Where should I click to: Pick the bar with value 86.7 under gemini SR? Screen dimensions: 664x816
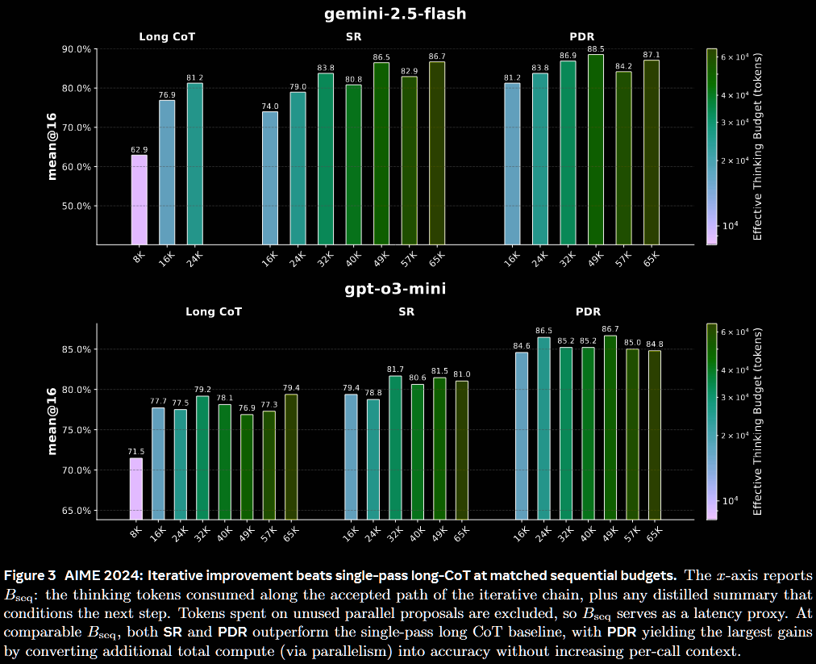click(437, 153)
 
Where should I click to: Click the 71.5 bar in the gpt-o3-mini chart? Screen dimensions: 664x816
click(136, 488)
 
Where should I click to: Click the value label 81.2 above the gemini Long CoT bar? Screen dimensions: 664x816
click(194, 77)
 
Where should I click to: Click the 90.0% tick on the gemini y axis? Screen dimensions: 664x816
click(76, 49)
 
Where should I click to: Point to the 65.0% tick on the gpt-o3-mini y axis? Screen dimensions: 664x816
click(76, 511)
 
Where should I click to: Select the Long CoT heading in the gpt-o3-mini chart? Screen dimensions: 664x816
click(214, 311)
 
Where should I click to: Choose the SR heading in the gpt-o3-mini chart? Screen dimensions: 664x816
click(406, 311)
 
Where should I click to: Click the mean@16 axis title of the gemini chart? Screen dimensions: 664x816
click(52, 146)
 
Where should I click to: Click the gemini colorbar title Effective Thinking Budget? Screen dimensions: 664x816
click(758, 146)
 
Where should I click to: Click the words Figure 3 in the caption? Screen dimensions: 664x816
click(30, 575)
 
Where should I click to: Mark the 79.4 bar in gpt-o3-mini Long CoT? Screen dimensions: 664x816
click(291, 457)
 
